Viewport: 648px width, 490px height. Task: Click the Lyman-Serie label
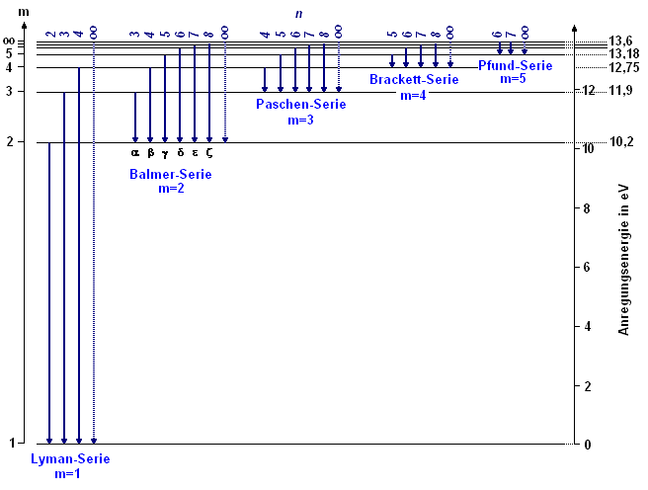70,459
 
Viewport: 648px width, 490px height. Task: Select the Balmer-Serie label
170,174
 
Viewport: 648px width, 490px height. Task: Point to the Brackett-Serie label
414,80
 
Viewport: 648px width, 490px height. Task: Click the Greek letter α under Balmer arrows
135,152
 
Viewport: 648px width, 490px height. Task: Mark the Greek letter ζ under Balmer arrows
209,152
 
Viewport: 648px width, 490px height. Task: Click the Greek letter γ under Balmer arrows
165,152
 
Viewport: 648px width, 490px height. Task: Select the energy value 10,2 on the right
622,142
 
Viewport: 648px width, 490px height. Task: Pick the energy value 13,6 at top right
622,41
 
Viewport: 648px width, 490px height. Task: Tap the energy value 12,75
624,67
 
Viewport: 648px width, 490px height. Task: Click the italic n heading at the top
299,13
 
